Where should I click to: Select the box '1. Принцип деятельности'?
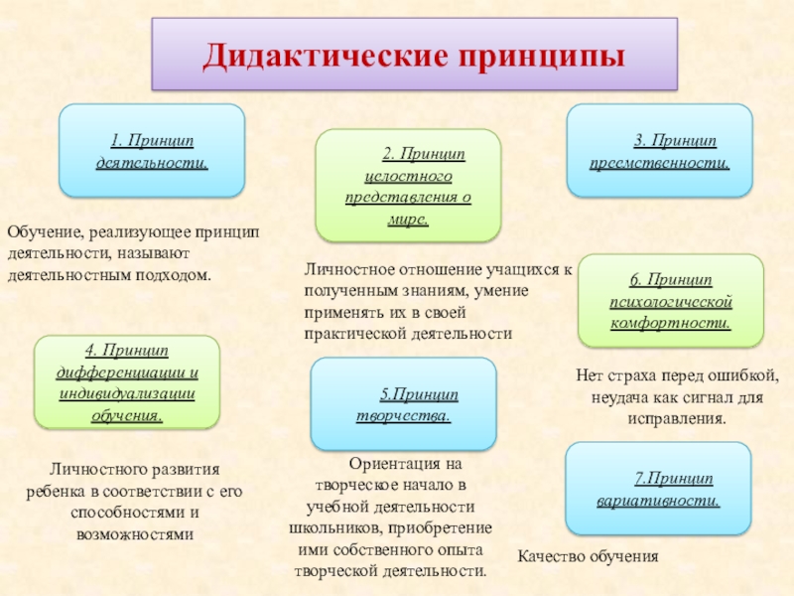(x=152, y=150)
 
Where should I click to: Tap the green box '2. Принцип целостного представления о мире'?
(x=408, y=185)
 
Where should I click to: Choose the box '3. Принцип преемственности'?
(x=659, y=150)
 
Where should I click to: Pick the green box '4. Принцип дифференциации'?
(x=127, y=381)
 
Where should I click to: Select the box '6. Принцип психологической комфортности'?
(x=670, y=301)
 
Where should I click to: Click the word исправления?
(x=677, y=419)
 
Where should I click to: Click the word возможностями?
(x=134, y=533)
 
